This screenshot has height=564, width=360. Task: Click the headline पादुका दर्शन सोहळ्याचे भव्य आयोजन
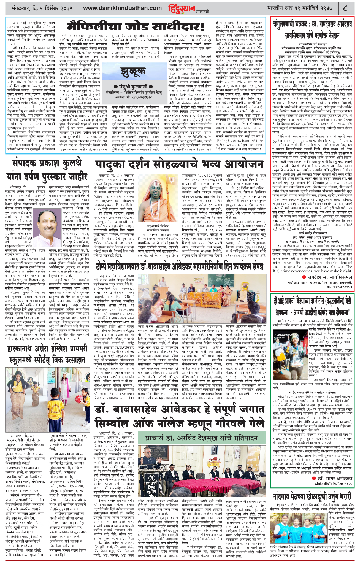(179, 164)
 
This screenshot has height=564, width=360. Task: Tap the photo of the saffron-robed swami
(156, 193)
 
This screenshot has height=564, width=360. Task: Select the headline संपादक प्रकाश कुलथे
(46, 163)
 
